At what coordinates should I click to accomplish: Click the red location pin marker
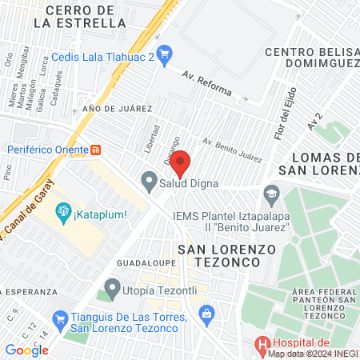[x=180, y=162]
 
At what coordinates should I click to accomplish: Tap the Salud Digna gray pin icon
[x=149, y=182]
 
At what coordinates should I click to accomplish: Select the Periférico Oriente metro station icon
[x=96, y=149]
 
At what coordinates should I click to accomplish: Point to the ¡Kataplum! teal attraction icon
[x=62, y=212]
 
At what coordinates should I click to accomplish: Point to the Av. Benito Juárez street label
[x=232, y=150]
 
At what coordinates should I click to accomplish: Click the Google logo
[x=26, y=349]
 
